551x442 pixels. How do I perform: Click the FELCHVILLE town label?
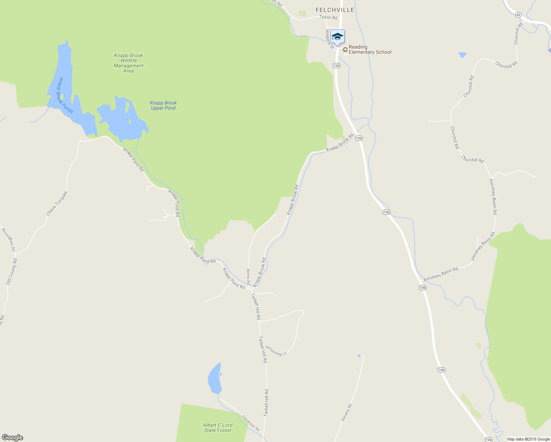tap(335, 10)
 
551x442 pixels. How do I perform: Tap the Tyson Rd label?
tap(328, 17)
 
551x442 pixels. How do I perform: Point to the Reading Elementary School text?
tap(370, 49)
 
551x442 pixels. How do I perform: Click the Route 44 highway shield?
tap(519, 15)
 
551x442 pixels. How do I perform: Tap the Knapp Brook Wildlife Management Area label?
tap(129, 63)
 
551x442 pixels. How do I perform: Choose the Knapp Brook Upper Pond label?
tap(163, 105)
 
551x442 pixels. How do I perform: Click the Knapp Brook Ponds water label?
tap(64, 95)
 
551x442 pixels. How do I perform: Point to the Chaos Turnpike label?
tap(57, 203)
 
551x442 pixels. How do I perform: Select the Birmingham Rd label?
tap(8, 240)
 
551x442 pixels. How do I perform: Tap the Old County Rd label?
tap(11, 271)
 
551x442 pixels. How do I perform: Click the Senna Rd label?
tap(248, 277)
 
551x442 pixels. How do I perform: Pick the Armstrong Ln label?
tap(276, 351)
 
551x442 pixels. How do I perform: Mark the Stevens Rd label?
tap(346, 413)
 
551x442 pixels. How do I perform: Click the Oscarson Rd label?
tap(251, 423)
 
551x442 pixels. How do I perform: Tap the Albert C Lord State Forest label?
tap(218, 428)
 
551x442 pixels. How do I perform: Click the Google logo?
tap(13, 438)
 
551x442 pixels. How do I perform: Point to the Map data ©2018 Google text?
tap(528, 439)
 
